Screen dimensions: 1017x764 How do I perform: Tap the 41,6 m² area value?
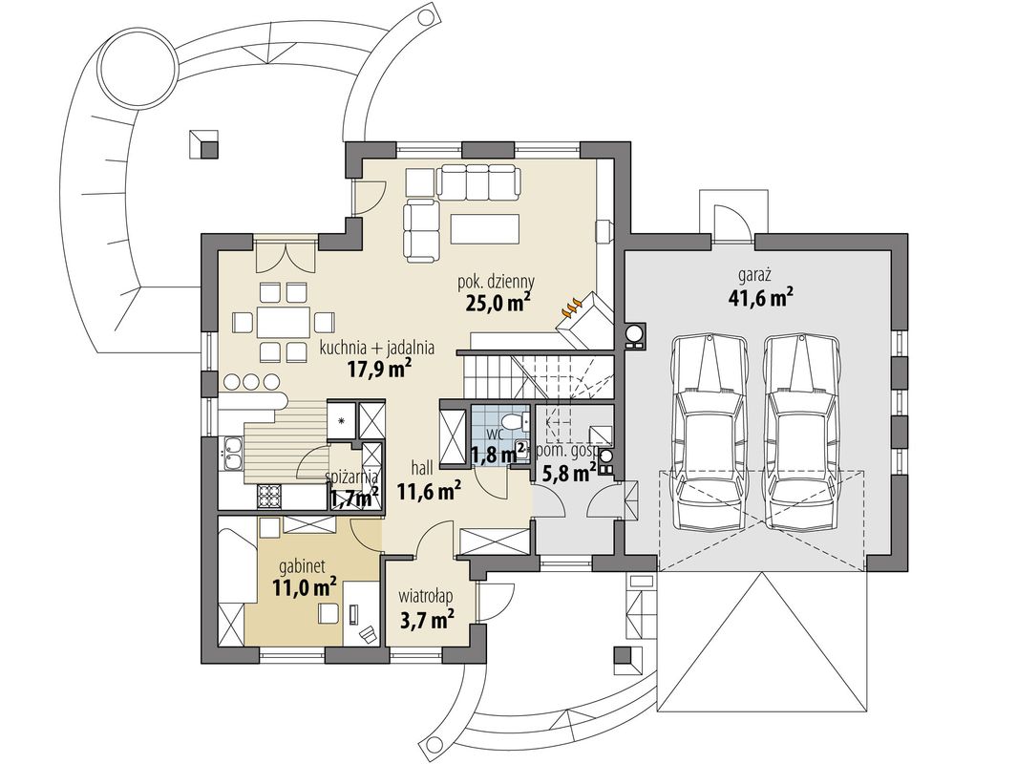(x=756, y=298)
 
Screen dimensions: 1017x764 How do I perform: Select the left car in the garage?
(x=709, y=430)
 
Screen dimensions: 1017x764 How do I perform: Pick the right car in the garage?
(x=799, y=430)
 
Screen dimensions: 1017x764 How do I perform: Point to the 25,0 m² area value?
(x=498, y=302)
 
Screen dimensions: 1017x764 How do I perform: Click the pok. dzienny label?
(x=497, y=281)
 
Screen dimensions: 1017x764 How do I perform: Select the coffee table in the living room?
(x=486, y=228)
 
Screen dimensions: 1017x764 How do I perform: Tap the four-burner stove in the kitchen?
(x=269, y=497)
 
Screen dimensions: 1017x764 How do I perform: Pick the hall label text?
(x=421, y=467)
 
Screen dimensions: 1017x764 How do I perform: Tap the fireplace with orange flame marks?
(x=584, y=318)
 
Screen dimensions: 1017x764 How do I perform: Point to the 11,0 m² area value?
(x=304, y=587)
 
